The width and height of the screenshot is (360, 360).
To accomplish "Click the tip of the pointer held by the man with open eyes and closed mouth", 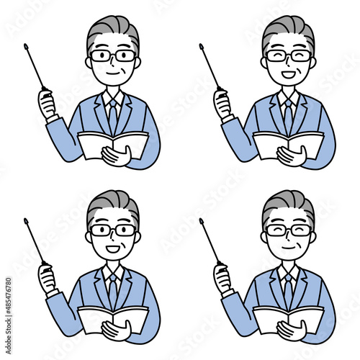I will pyautogui.click(x=26, y=45).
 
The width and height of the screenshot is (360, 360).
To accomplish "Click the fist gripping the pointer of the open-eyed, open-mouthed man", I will pyautogui.click(x=48, y=279).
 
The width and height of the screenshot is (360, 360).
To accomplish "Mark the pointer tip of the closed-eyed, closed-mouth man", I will pyautogui.click(x=201, y=220).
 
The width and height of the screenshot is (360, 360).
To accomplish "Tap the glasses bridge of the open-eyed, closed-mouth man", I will pyautogui.click(x=113, y=55).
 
